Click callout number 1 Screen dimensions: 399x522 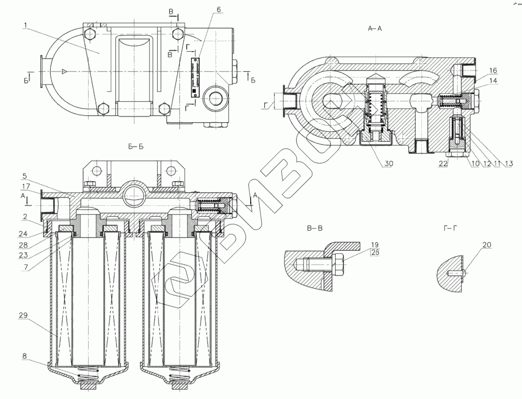[x=25, y=25]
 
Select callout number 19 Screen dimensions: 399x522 [x=375, y=244]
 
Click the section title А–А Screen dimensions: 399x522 [x=375, y=29]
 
